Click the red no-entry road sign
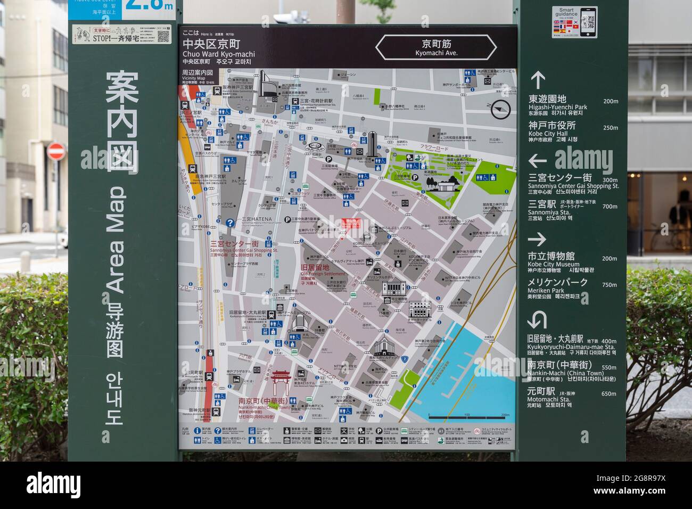click(x=55, y=151)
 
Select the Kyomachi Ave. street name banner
click(x=435, y=47)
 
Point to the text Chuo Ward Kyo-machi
click(x=218, y=54)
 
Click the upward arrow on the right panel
click(x=537, y=80)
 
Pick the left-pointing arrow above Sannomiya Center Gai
click(x=537, y=160)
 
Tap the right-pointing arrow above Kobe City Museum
click(x=537, y=240)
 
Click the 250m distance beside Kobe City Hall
click(x=610, y=128)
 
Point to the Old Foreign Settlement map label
click(x=323, y=274)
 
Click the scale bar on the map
click(x=468, y=416)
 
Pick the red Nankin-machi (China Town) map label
click(x=263, y=405)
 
